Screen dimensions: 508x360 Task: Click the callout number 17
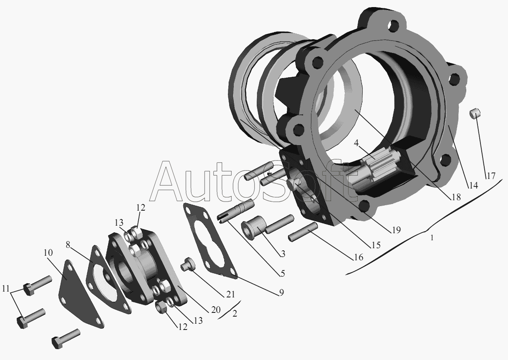[490, 176]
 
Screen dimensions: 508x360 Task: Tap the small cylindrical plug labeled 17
[475, 113]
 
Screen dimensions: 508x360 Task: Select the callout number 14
[473, 186]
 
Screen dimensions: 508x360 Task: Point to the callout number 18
[456, 197]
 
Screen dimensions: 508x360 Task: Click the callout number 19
[396, 230]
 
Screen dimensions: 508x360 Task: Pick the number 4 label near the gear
[356, 143]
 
